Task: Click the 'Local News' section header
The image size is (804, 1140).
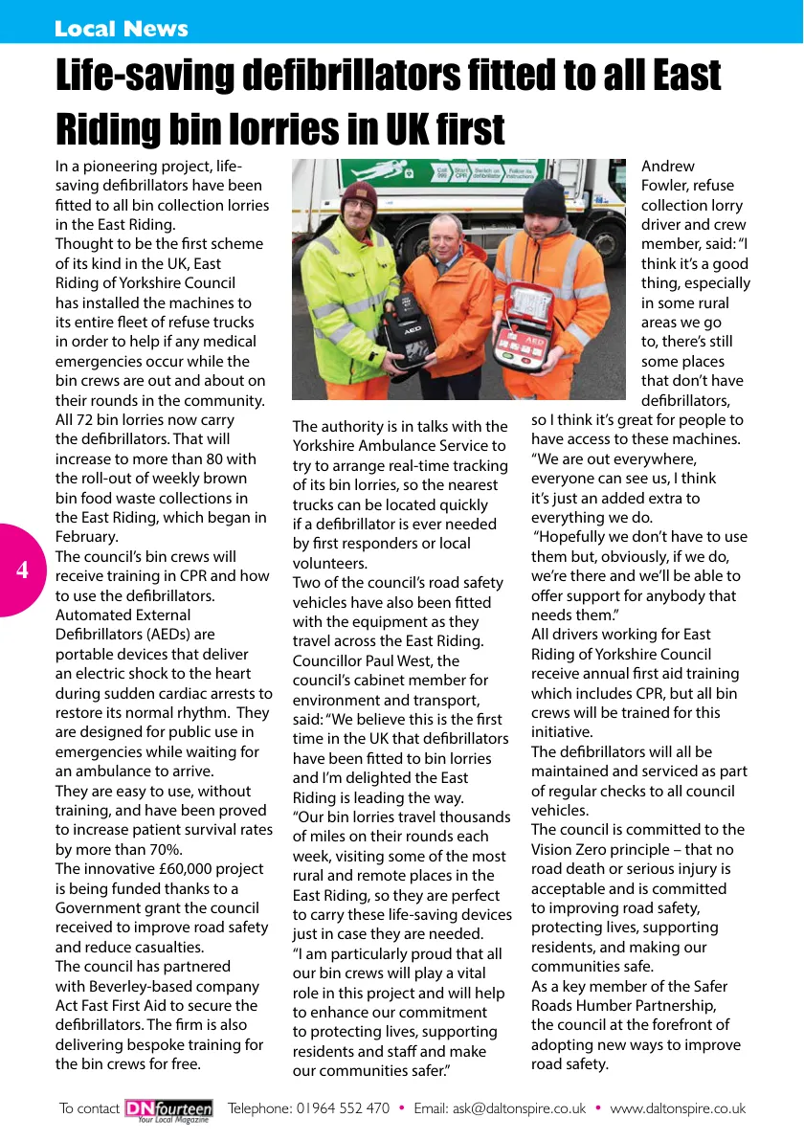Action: tap(121, 29)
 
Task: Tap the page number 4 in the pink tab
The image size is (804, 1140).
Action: tap(22, 570)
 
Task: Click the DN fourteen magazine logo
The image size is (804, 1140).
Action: tap(168, 1109)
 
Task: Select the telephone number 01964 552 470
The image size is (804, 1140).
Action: tap(343, 1108)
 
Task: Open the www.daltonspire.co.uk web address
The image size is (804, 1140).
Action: tap(678, 1108)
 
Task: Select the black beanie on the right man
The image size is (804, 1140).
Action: tap(544, 197)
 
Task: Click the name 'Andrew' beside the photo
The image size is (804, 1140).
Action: tap(668, 167)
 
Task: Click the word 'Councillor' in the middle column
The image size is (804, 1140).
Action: tap(330, 660)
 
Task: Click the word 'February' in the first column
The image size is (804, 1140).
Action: tap(87, 537)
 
